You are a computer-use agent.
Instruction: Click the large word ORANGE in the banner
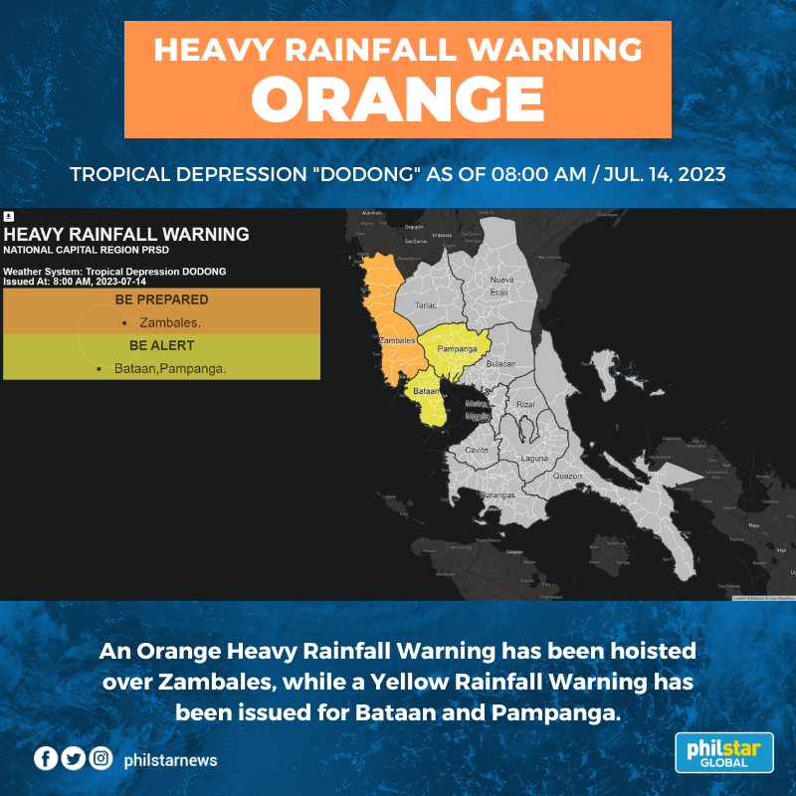[397, 98]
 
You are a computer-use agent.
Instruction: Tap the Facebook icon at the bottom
[46, 759]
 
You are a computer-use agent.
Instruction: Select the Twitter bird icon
[73, 759]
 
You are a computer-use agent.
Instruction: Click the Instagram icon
[100, 759]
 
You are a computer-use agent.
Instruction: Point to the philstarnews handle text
[170, 760]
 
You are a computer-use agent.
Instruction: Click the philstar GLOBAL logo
[723, 752]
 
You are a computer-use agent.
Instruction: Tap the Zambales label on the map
[397, 340]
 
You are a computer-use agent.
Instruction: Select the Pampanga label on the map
[457, 350]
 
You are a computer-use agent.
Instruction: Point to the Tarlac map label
[427, 306]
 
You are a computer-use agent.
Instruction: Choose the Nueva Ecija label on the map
[501, 287]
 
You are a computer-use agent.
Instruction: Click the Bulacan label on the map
[500, 364]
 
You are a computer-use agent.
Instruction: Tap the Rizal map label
[525, 405]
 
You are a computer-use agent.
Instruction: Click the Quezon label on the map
[567, 476]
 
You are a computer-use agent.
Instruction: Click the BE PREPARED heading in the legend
[161, 299]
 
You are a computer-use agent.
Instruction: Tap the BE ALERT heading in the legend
[161, 345]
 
